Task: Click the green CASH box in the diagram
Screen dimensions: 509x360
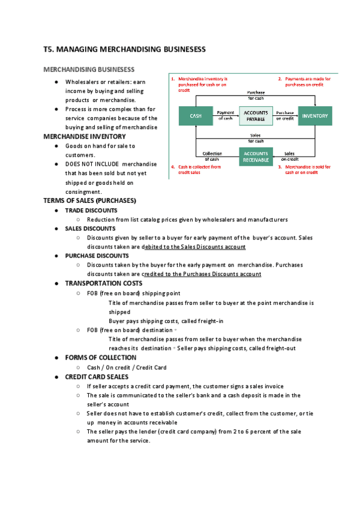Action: [196, 116]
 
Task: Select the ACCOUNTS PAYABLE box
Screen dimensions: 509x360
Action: [256, 116]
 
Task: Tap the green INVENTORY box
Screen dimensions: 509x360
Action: [316, 116]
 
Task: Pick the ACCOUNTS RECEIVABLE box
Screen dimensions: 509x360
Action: [256, 157]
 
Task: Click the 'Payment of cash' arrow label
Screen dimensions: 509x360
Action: [225, 115]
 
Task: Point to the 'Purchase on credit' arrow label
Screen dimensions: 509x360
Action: [285, 115]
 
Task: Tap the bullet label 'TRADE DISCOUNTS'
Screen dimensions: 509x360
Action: [91, 211]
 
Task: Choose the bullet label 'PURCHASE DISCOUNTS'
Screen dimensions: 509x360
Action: [97, 256]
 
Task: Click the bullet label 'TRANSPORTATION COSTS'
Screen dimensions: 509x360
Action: [104, 283]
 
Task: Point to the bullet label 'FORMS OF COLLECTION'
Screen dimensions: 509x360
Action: [100, 358]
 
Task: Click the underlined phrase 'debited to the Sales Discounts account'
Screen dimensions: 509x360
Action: [194, 247]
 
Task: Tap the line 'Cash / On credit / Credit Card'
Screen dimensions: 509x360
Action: [127, 367]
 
